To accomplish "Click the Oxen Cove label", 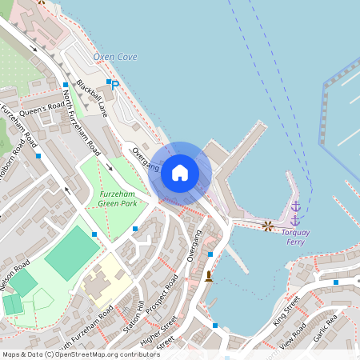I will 115,57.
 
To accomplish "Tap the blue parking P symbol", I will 114,85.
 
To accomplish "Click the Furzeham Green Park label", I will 118,198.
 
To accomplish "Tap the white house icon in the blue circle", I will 179,172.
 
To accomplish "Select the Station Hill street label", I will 134,317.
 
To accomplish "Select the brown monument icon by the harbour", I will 209,276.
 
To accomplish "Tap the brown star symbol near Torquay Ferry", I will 267,226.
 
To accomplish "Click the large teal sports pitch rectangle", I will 73,252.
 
